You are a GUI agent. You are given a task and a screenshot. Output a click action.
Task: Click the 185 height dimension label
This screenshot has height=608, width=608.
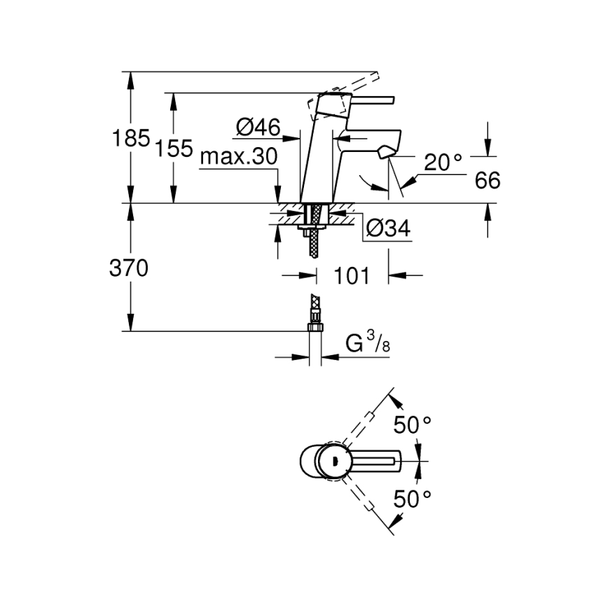(x=132, y=138)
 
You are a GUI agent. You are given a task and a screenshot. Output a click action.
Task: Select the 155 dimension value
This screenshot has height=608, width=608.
(x=174, y=148)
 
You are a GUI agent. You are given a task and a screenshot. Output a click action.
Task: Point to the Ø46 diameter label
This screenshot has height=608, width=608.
(x=258, y=127)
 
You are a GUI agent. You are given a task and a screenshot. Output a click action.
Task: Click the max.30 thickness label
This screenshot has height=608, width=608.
(x=239, y=157)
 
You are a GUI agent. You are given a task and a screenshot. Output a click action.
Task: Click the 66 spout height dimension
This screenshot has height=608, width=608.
(x=488, y=181)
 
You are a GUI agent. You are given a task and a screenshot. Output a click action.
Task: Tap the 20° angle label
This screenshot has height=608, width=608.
(x=443, y=163)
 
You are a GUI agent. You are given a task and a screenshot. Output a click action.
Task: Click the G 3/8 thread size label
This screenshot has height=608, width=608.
(x=364, y=343)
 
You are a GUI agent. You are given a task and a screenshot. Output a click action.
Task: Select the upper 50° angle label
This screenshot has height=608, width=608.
(x=412, y=424)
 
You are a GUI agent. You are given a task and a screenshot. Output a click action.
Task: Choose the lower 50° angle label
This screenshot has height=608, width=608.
(x=412, y=499)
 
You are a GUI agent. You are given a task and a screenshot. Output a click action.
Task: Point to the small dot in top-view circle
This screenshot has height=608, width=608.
(x=334, y=460)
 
